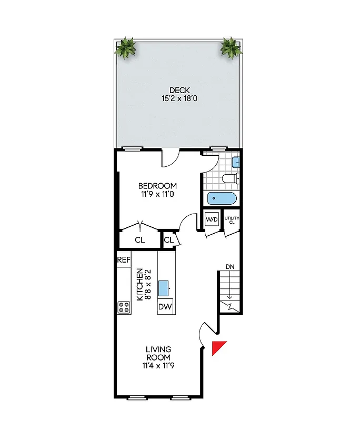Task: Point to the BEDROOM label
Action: (x=157, y=186)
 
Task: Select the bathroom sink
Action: (x=236, y=162)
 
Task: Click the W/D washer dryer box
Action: (x=212, y=219)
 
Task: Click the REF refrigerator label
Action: (x=124, y=259)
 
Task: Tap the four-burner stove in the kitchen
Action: (x=124, y=307)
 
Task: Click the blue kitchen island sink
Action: (x=164, y=287)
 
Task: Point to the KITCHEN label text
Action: (x=140, y=284)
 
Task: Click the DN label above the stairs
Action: (x=230, y=267)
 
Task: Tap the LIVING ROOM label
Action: (x=158, y=353)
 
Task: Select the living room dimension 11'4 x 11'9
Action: (x=158, y=365)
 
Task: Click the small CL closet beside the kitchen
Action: (x=168, y=240)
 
